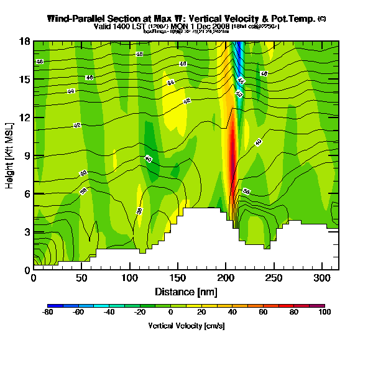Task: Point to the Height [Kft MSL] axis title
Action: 11,155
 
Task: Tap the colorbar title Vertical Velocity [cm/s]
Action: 186,325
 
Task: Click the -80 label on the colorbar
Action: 47,313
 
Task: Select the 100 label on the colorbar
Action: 325,313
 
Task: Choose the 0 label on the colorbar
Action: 186,313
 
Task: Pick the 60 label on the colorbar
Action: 269,313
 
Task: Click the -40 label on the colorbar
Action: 103,313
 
